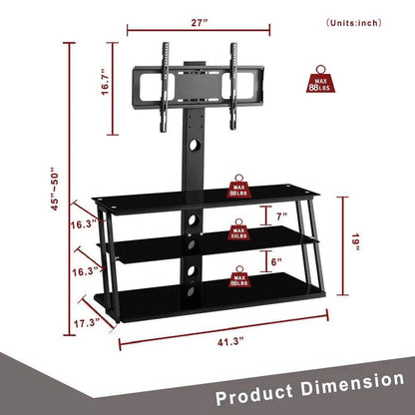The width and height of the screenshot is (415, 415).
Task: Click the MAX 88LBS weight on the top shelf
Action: point(240,188)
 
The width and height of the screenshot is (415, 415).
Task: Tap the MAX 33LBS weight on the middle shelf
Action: point(239,234)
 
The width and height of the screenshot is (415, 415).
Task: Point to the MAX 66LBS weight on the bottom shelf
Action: point(239,276)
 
